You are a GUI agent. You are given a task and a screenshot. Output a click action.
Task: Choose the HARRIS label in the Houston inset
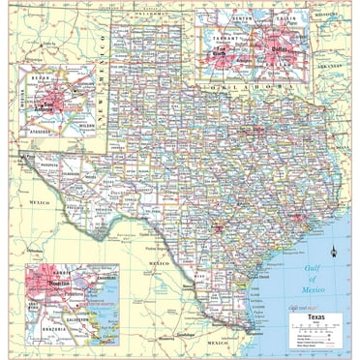(48, 260)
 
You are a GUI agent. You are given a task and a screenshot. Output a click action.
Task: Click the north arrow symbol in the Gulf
(333, 254)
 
